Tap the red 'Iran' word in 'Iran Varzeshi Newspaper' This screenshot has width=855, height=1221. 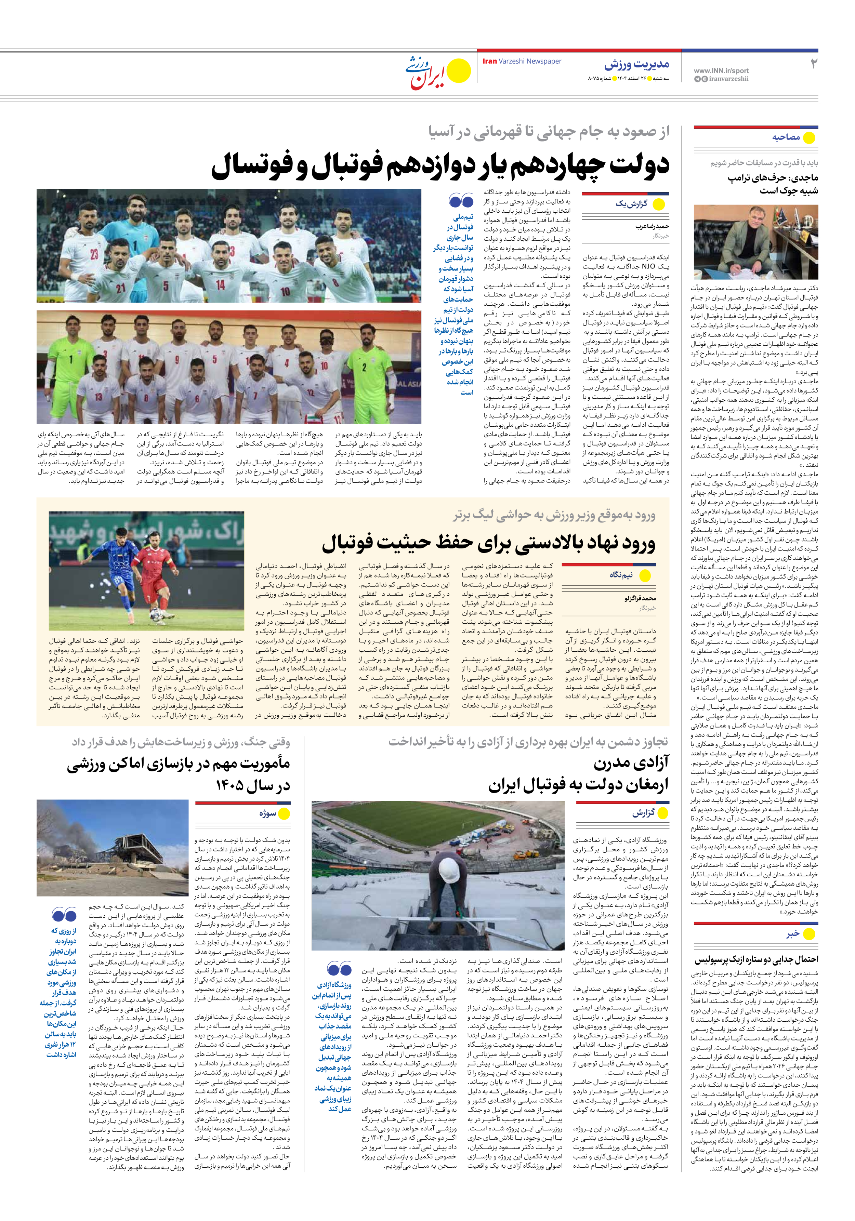click(489, 61)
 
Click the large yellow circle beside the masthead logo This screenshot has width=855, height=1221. click(459, 71)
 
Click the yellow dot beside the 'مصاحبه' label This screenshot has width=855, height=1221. click(809, 138)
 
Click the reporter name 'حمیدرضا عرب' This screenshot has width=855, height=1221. click(652, 226)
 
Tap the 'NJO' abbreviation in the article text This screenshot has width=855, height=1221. click(648, 266)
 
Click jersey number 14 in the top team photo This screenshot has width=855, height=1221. click(220, 286)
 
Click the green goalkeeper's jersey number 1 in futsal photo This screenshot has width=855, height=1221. click(71, 359)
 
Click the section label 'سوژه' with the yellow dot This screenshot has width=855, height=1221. click(268, 814)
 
